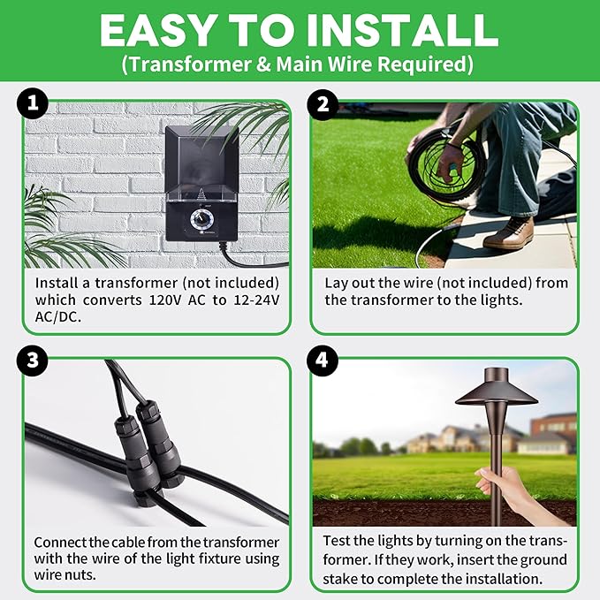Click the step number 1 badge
[x=32, y=105]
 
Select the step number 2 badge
[x=322, y=105]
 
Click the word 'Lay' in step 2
[x=338, y=283]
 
